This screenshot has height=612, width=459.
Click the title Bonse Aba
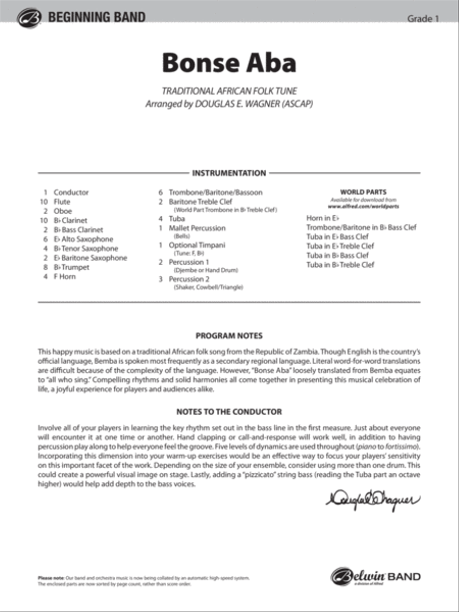coord(229,63)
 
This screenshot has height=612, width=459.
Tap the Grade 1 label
coord(423,19)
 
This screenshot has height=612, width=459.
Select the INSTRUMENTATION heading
coord(229,173)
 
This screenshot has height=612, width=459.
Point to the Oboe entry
coord(63,211)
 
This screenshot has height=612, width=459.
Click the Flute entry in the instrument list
coord(62,202)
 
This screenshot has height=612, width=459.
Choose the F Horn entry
coord(64,276)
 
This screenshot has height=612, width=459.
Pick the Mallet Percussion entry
coord(197,228)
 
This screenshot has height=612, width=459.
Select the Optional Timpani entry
coord(196,245)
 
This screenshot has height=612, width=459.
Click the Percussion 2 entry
coord(189,279)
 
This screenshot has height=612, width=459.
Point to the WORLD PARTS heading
coord(363,192)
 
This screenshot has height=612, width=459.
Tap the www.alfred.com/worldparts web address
coord(363,207)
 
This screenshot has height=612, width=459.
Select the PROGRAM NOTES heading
coord(229,336)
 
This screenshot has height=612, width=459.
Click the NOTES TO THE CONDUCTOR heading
coord(229,412)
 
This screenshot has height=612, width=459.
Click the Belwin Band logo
coord(376,577)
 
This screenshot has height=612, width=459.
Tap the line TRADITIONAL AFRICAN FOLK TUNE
coord(229,92)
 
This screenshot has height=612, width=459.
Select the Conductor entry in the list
coord(71,192)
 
